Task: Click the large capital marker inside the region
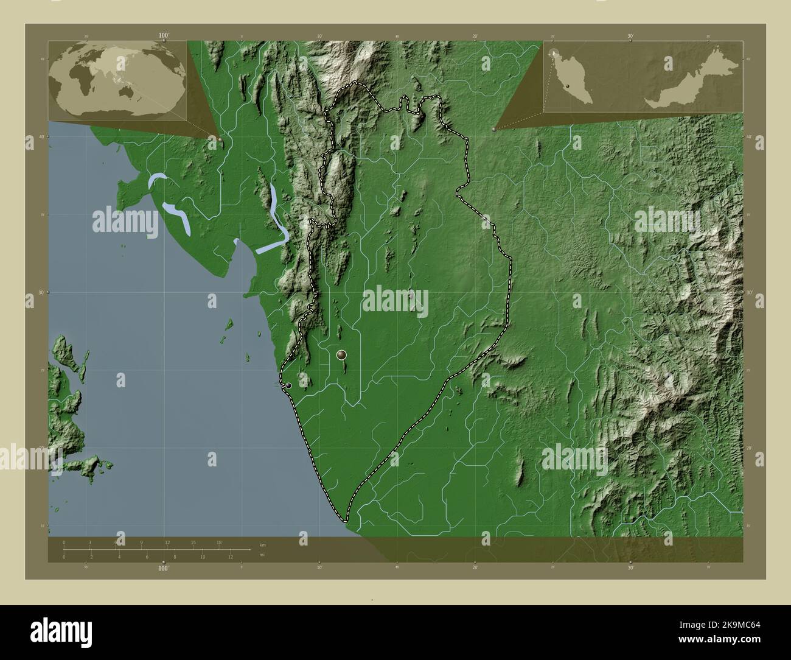[341, 354]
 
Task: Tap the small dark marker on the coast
[288, 385]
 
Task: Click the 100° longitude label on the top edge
[163, 36]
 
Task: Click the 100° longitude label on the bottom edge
[163, 568]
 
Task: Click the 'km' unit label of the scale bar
[262, 545]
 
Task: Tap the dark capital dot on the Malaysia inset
[567, 87]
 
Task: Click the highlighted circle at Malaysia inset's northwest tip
[554, 54]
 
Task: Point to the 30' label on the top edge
[630, 36]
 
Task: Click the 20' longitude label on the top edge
[475, 36]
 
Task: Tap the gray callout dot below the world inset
[220, 139]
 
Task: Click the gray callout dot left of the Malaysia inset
[493, 129]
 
